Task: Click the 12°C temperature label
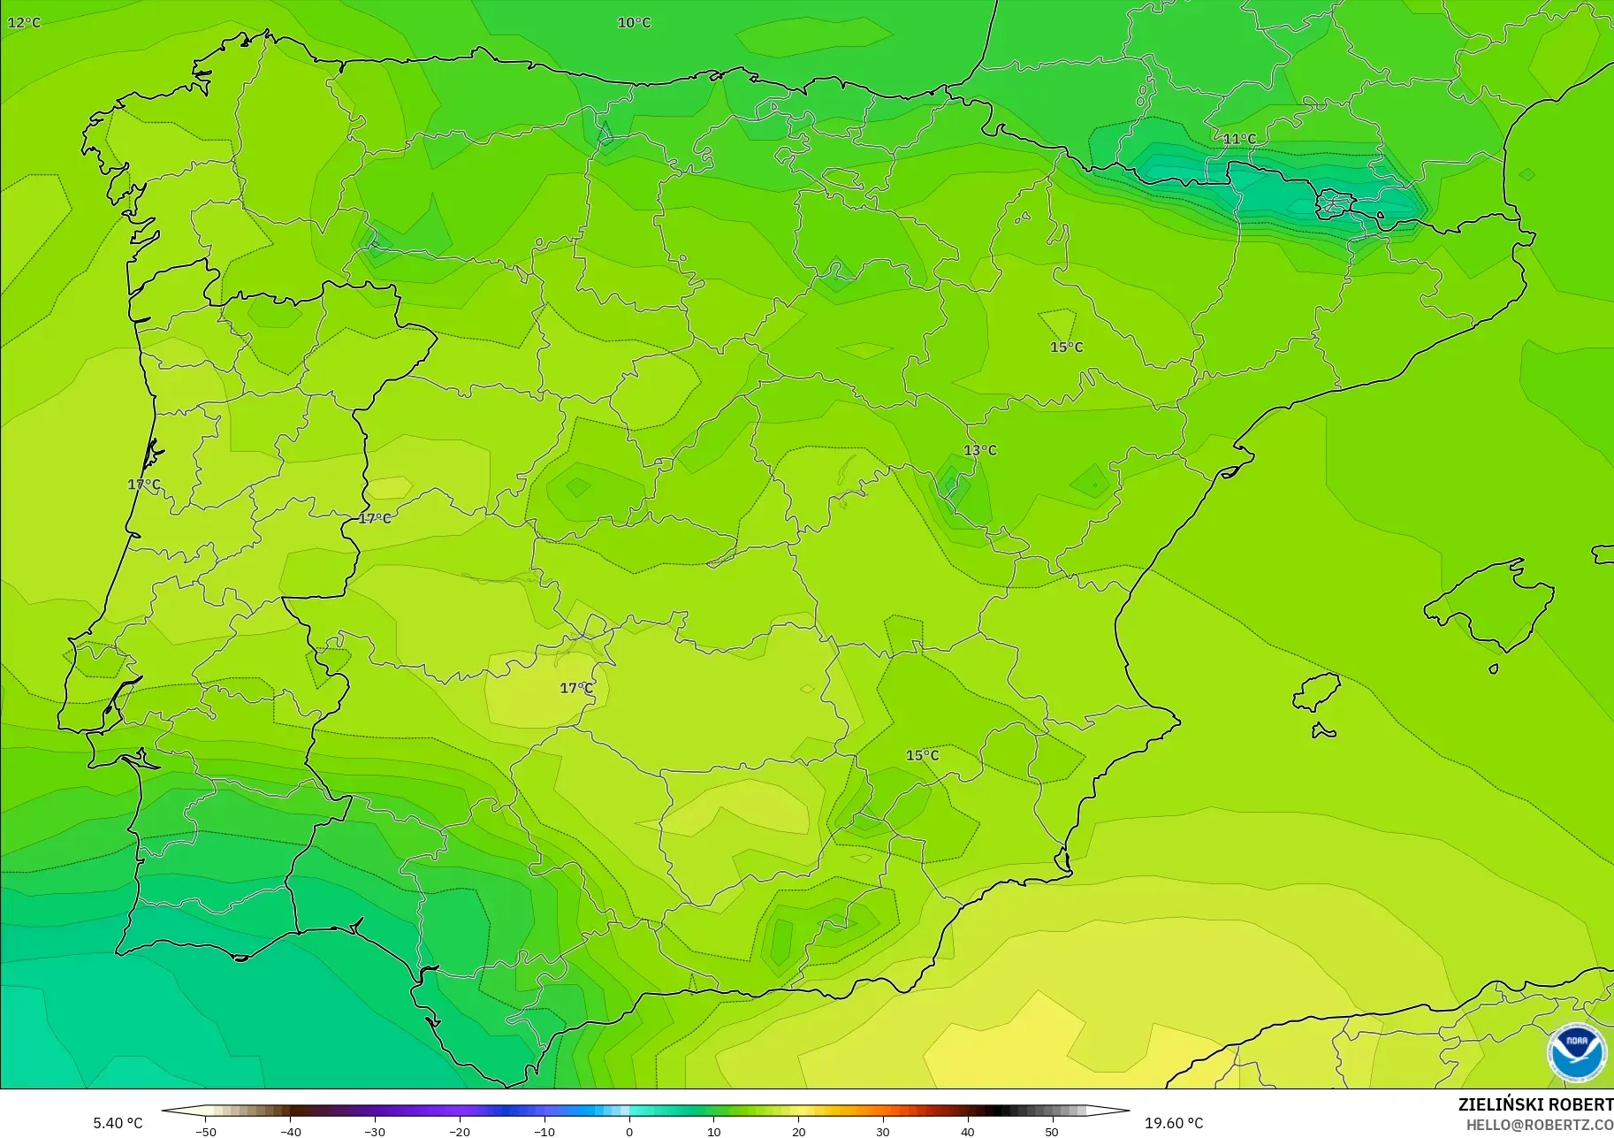(24, 22)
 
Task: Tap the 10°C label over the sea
(634, 22)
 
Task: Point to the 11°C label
(1239, 139)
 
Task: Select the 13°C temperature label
(979, 450)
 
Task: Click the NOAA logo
(1576, 1051)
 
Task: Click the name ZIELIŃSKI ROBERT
(1534, 1104)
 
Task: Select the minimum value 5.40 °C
(118, 1123)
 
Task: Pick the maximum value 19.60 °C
(1174, 1123)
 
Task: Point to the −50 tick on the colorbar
(205, 1131)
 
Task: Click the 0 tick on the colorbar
(629, 1131)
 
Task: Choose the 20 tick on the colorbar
(798, 1131)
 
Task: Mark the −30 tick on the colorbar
(375, 1131)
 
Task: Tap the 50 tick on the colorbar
(1052, 1131)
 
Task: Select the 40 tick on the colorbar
(968, 1131)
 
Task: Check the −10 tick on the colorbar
(544, 1131)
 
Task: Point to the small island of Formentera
(1323, 730)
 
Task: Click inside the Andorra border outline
(1330, 204)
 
